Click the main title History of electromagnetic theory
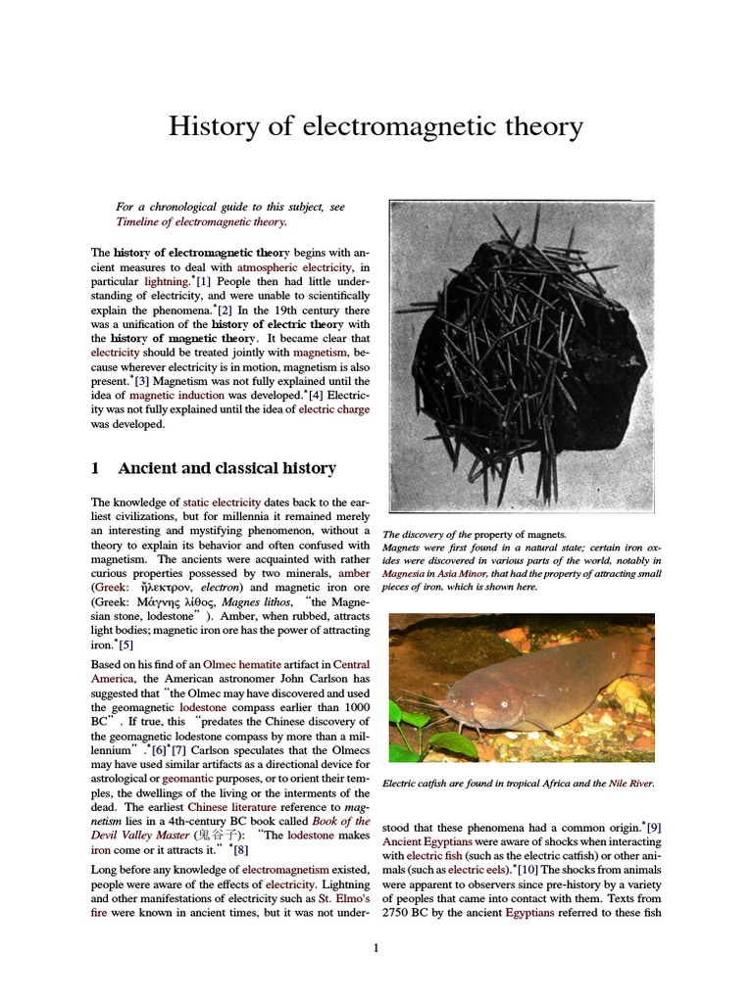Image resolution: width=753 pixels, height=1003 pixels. point(376,126)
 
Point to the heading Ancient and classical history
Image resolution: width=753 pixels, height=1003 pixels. point(226,468)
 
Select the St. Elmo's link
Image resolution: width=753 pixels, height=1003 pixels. point(343,898)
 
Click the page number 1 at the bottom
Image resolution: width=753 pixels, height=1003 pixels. point(376,947)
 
